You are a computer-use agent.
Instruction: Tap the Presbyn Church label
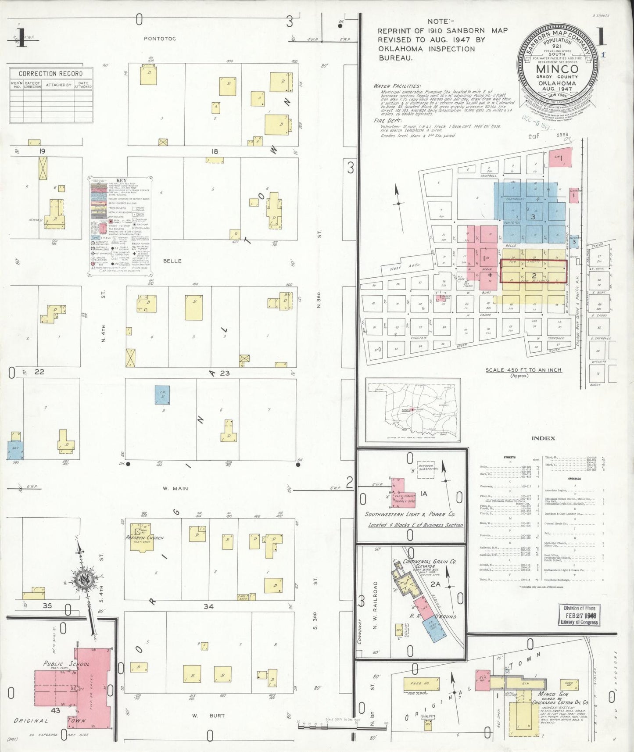pyautogui.click(x=144, y=537)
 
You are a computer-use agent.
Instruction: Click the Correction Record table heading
pyautogui.click(x=50, y=73)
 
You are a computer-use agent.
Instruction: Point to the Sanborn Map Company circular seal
pyautogui.click(x=558, y=70)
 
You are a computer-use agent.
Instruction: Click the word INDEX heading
pyautogui.click(x=543, y=438)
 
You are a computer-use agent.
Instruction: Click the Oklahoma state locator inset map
pyautogui.click(x=413, y=410)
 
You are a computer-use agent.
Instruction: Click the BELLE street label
pyautogui.click(x=172, y=261)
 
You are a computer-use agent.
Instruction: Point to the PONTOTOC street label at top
pyautogui.click(x=160, y=39)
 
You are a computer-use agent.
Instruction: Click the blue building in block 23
pyautogui.click(x=162, y=395)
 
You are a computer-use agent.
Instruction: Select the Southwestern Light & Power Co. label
pyautogui.click(x=410, y=514)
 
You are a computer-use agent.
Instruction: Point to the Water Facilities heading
pyautogui.click(x=397, y=86)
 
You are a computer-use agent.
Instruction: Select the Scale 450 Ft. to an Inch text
pyautogui.click(x=523, y=370)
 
